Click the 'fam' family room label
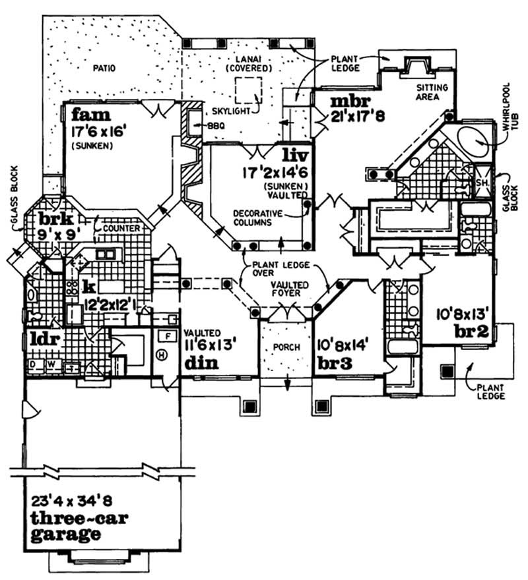[86, 113]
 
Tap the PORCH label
[286, 347]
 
